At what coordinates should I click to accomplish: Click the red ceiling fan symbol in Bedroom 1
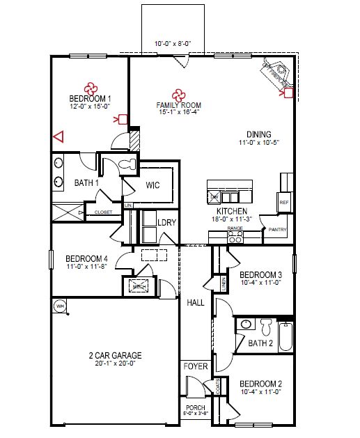click(x=91, y=88)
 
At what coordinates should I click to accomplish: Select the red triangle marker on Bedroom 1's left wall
click(x=58, y=136)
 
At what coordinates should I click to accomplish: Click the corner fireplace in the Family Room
click(x=277, y=72)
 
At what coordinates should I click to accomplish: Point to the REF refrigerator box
click(x=283, y=202)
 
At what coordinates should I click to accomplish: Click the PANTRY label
click(x=278, y=228)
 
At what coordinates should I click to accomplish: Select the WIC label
click(x=153, y=186)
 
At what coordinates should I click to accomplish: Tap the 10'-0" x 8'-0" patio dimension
click(x=173, y=43)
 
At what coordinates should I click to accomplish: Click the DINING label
click(x=258, y=134)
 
